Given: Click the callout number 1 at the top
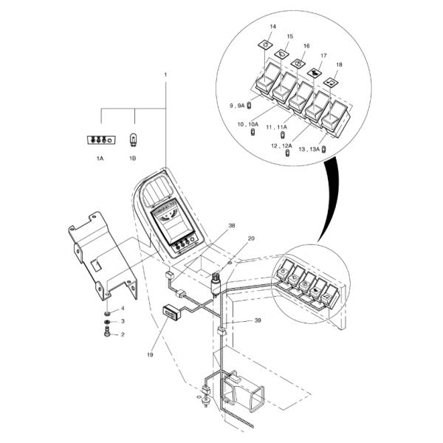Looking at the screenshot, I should tap(165, 75).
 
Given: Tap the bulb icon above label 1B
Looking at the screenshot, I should tap(134, 138).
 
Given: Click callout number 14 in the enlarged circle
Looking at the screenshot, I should tap(272, 27).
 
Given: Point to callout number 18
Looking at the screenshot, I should tap(339, 65).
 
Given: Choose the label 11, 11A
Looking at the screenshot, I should tap(276, 127).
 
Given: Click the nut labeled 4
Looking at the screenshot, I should tap(108, 309).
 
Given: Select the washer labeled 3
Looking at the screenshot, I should tap(108, 321).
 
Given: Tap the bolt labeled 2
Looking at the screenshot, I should tap(108, 334).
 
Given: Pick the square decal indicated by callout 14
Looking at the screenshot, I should tap(267, 46).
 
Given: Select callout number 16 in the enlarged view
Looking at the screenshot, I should tap(306, 46).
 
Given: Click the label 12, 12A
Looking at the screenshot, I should tap(281, 145).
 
